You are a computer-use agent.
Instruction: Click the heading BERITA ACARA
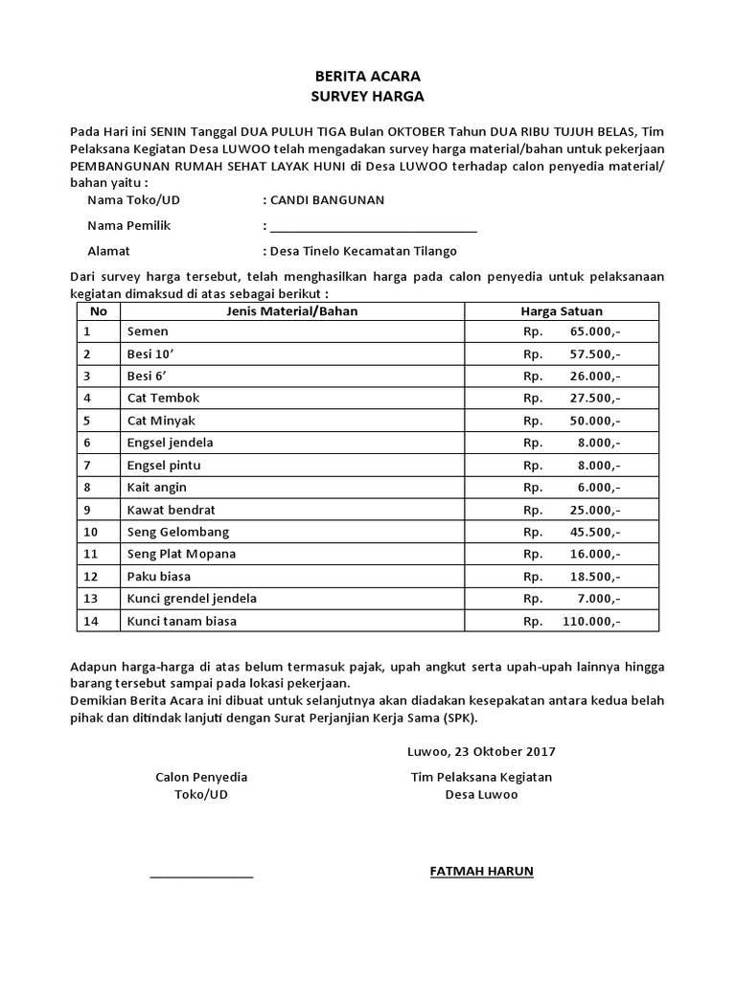(x=368, y=76)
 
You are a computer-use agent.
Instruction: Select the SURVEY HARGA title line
(x=368, y=96)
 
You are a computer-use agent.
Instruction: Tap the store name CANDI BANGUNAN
(x=327, y=200)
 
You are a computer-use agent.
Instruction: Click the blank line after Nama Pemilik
(x=373, y=228)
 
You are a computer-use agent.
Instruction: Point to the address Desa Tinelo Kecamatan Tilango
(x=363, y=251)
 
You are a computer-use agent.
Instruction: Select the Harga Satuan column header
(x=562, y=310)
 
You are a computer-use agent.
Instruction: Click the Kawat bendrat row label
(x=170, y=510)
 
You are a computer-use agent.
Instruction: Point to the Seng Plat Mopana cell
(x=181, y=554)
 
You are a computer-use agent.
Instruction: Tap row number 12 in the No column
(x=91, y=576)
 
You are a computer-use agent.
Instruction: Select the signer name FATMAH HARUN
(x=481, y=871)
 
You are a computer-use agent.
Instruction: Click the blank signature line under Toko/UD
(x=201, y=875)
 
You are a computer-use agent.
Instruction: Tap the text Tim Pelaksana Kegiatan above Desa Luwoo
(x=481, y=777)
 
